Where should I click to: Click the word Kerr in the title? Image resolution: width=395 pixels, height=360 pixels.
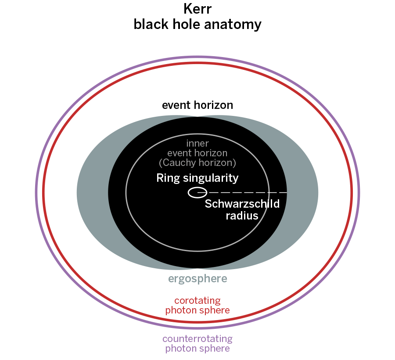click(197, 9)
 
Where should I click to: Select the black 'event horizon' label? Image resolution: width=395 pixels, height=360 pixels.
click(197, 105)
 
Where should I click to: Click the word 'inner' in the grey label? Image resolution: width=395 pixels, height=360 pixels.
click(197, 144)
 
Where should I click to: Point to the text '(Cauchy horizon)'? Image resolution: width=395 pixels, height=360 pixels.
click(197, 163)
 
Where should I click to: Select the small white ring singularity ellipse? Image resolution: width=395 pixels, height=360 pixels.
click(197, 192)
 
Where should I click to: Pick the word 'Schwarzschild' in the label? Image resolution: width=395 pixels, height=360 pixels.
click(242, 204)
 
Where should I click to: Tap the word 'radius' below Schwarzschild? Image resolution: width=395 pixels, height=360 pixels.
click(242, 216)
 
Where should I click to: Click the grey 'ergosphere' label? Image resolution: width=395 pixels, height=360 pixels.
click(197, 279)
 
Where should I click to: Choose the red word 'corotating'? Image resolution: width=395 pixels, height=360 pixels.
click(197, 301)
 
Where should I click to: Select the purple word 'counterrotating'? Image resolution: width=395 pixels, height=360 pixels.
click(197, 339)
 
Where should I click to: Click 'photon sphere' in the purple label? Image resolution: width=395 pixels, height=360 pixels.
click(197, 349)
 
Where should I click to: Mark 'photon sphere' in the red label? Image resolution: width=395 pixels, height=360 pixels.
click(197, 310)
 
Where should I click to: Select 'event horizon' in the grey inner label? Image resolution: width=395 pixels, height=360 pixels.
click(197, 153)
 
